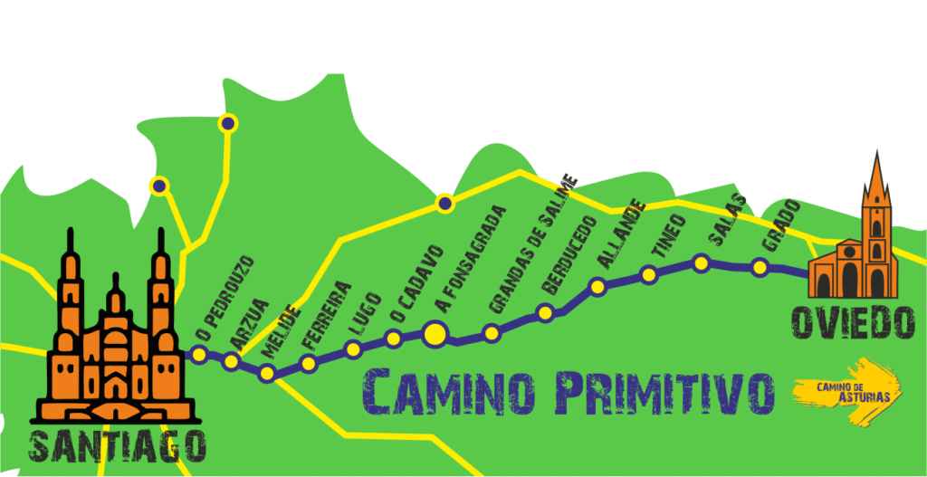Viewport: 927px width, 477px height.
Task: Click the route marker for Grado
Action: (x=760, y=267)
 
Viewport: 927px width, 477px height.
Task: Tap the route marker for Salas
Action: (x=701, y=262)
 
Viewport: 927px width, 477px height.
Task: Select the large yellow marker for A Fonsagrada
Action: (x=435, y=334)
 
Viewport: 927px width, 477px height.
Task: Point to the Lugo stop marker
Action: (x=353, y=348)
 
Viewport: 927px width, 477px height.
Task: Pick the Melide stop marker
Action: (x=267, y=373)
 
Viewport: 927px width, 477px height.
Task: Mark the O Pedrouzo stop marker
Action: (x=199, y=355)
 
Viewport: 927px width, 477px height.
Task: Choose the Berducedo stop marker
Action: (x=545, y=313)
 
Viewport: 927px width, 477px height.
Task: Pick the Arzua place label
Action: (x=250, y=322)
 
